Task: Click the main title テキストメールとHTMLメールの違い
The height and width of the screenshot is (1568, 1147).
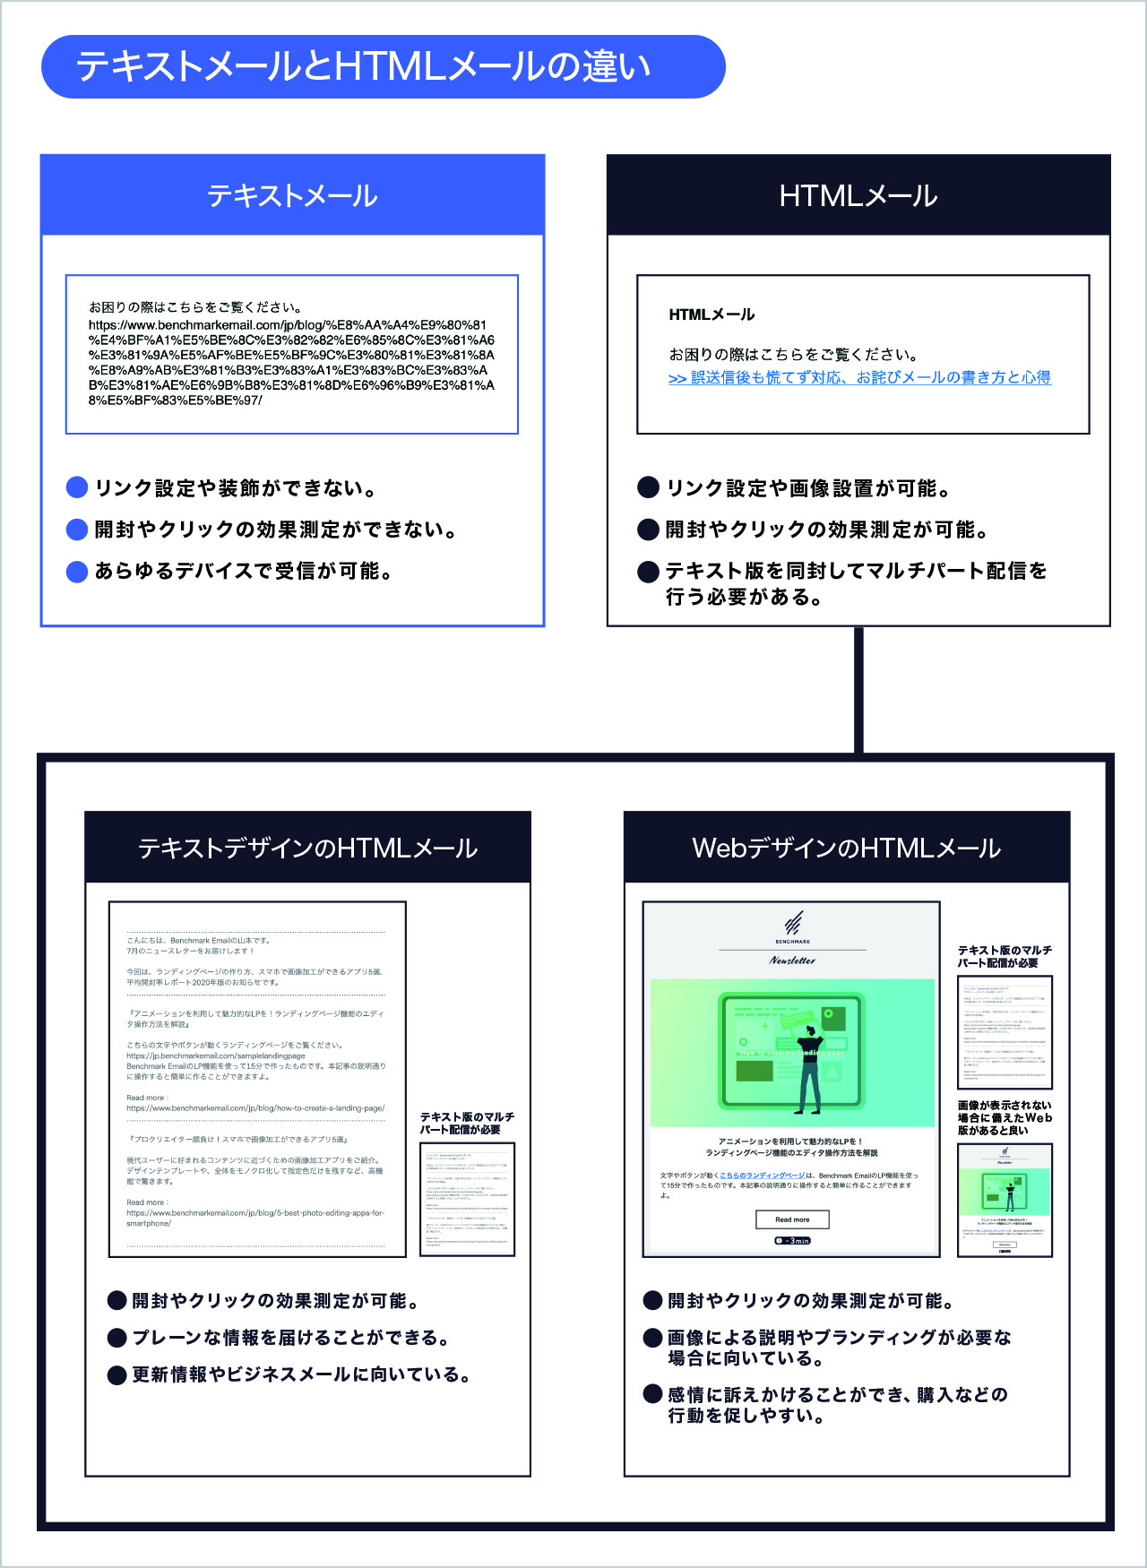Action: (363, 67)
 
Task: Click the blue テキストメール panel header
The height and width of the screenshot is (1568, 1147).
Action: (292, 195)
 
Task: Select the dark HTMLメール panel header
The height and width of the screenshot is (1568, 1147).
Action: (858, 195)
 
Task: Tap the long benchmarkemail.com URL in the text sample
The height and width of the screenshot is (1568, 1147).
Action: (291, 363)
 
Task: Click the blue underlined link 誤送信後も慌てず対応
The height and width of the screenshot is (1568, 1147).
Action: (859, 378)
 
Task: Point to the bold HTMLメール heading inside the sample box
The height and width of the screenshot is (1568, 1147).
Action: (711, 314)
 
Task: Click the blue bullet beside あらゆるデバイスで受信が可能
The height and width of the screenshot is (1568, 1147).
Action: (77, 572)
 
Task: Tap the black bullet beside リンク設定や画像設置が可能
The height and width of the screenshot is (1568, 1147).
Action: (648, 487)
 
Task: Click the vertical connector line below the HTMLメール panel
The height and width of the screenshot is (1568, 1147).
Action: (858, 690)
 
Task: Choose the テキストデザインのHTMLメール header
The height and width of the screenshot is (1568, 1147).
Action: (307, 848)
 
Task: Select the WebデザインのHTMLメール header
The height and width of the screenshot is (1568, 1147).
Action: (846, 848)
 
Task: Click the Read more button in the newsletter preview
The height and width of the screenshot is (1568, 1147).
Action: (792, 1219)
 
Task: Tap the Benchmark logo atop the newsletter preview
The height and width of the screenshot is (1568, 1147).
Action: (793, 926)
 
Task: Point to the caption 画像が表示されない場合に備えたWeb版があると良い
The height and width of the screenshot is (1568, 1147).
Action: (1005, 1118)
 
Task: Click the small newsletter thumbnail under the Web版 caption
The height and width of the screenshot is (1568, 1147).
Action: (1005, 1200)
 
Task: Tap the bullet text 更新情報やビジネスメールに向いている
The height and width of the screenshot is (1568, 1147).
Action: (301, 1374)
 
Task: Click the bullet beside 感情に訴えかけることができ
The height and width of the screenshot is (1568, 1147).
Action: (653, 1393)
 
